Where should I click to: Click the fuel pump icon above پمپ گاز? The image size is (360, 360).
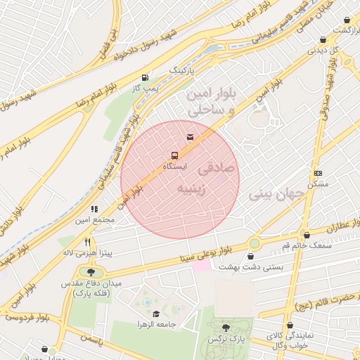pyautogui.click(x=145, y=77)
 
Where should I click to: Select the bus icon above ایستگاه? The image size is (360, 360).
pyautogui.click(x=174, y=155)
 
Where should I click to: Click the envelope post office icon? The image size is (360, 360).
pyautogui.click(x=190, y=136)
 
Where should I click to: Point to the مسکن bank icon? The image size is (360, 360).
pyautogui.click(x=318, y=173)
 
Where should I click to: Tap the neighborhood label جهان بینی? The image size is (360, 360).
pyautogui.click(x=277, y=192)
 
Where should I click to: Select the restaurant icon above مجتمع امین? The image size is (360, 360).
pyautogui.click(x=94, y=209)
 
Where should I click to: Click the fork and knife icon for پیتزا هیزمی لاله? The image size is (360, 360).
pyautogui.click(x=88, y=241)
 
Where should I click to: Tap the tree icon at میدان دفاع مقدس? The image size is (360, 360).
pyautogui.click(x=90, y=272)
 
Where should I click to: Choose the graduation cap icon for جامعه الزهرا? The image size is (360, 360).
pyautogui.click(x=155, y=314)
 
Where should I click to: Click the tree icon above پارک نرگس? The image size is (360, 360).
pyautogui.click(x=226, y=328)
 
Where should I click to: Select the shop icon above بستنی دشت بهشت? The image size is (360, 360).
pyautogui.click(x=252, y=257)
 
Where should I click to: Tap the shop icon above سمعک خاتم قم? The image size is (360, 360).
pyautogui.click(x=306, y=235)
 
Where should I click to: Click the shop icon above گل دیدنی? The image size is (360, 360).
pyautogui.click(x=323, y=40)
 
